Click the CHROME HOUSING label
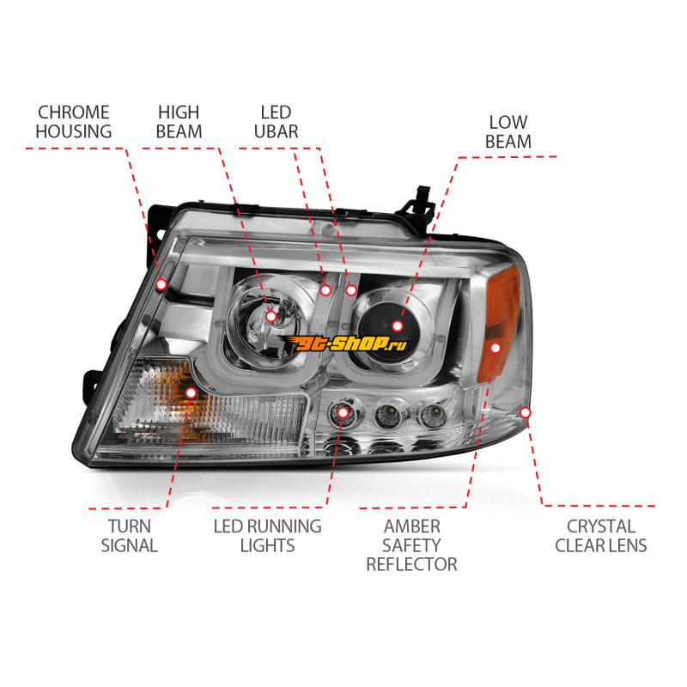(74, 122)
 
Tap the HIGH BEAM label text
(179, 122)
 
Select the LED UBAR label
(276, 122)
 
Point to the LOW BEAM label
(508, 132)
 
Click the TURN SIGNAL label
(130, 536)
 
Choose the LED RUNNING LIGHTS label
(267, 536)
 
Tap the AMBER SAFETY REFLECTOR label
(412, 545)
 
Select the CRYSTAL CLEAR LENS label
(601, 536)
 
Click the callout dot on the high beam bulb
(271, 316)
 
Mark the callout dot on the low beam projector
(398, 326)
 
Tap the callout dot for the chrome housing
(161, 284)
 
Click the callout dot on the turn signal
(191, 392)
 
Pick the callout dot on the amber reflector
(495, 348)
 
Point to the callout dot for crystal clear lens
(526, 412)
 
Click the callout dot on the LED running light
(343, 412)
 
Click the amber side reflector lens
(502, 324)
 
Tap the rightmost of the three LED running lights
(433, 413)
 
